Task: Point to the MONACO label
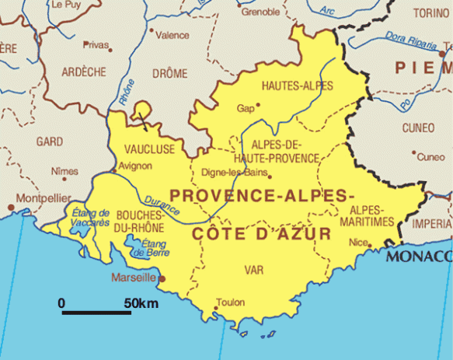click(x=419, y=256)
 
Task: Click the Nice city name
click(x=357, y=242)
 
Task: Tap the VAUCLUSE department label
click(x=149, y=149)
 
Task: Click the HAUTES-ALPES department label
click(x=298, y=85)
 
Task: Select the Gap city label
click(x=246, y=109)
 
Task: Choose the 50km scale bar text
click(x=141, y=302)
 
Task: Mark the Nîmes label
click(x=64, y=171)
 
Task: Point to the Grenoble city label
click(x=260, y=12)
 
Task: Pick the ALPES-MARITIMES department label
click(x=372, y=216)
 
